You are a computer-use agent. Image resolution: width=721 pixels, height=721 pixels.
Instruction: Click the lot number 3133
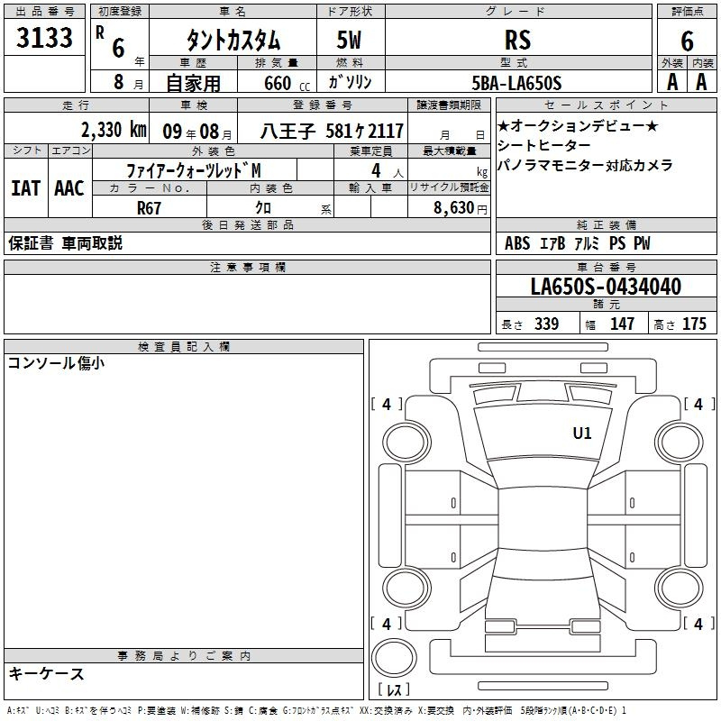(44, 38)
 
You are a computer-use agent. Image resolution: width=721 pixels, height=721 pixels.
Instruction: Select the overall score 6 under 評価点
(687, 41)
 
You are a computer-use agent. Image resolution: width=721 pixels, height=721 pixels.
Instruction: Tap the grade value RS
(517, 40)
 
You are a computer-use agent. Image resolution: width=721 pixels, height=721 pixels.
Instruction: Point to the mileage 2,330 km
(114, 130)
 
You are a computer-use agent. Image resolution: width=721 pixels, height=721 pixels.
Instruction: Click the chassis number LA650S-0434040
(606, 287)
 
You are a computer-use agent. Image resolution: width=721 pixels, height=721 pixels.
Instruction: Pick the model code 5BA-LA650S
(516, 83)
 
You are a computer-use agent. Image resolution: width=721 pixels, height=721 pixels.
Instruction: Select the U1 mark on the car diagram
(582, 433)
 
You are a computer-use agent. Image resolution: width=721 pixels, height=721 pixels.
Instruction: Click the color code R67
(149, 208)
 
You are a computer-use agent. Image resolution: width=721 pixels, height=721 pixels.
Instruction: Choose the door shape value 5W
(349, 40)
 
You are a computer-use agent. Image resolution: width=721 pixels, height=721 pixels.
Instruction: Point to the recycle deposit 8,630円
(461, 208)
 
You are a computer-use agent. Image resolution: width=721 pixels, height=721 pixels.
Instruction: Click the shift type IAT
(25, 188)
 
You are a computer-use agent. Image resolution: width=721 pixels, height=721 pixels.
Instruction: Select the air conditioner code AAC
(69, 188)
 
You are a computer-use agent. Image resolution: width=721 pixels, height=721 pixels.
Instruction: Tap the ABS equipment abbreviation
(517, 243)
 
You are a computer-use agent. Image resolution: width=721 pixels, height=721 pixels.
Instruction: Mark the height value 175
(694, 324)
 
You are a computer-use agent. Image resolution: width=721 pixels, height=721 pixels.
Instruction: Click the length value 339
(547, 324)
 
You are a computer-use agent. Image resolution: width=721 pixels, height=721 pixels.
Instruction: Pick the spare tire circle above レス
(394, 657)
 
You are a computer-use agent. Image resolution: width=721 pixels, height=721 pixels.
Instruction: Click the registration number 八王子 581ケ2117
(332, 132)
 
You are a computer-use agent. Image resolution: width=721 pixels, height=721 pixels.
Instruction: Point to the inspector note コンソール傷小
(56, 363)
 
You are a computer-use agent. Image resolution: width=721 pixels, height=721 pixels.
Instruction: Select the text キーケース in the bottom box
(46, 673)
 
